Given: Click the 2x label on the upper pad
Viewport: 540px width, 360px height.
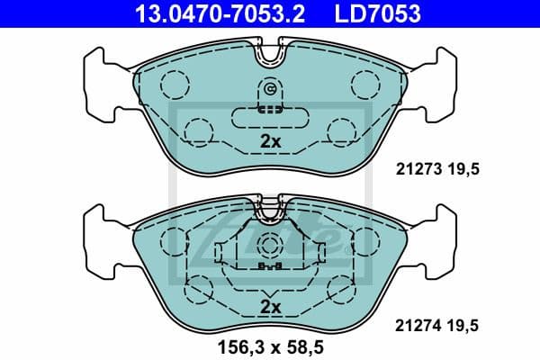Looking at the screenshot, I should pos(270,141).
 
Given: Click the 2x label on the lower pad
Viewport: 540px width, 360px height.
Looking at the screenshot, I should pos(270,307).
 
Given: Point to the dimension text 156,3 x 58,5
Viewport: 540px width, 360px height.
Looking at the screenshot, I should pos(270,342).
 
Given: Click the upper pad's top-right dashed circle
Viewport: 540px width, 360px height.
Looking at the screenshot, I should pos(366,84).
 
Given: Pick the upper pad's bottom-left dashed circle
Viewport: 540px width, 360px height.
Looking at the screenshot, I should pos(198,131).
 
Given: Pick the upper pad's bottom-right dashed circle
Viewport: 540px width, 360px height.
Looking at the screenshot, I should pos(343,131).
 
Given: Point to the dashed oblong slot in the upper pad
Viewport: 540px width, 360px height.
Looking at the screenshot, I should pos(270,117).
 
